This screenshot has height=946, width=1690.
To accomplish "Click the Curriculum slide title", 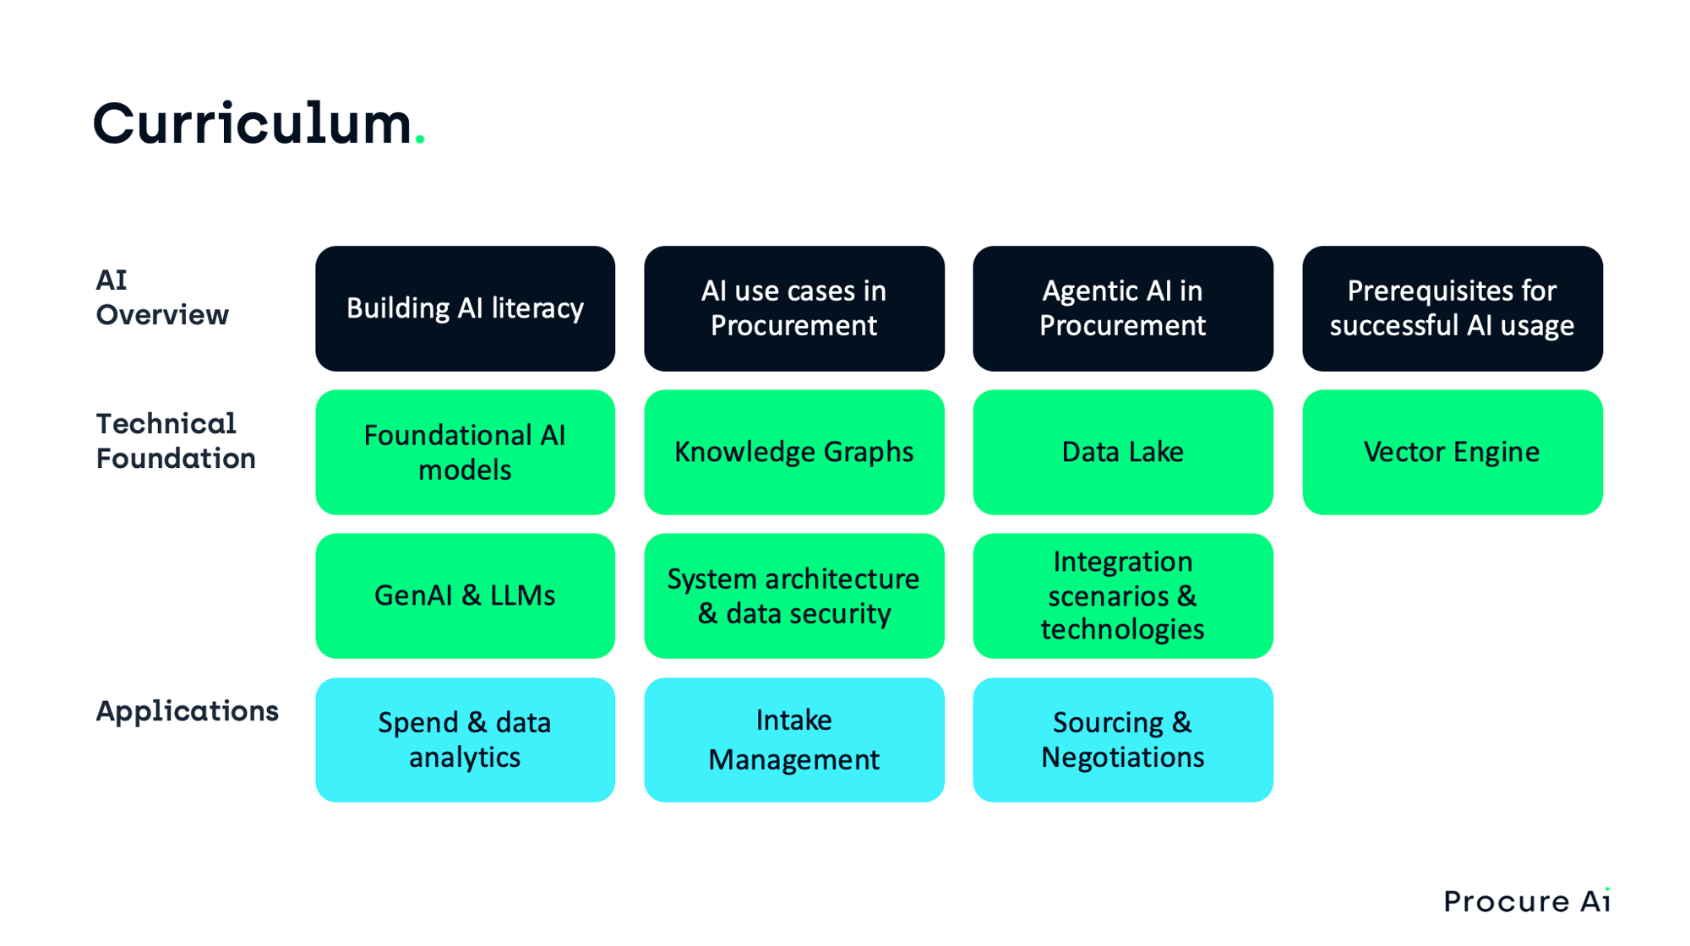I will click(252, 124).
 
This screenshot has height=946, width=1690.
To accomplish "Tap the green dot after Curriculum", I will click(420, 141).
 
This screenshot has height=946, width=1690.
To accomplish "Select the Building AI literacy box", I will click(465, 308).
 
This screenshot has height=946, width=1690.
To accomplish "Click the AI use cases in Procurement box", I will click(793, 308).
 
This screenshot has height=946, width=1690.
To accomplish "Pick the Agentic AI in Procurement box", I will click(1122, 308).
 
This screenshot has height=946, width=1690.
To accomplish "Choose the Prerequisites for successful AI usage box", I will click(1452, 308).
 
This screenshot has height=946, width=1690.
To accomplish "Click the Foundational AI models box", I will click(465, 452).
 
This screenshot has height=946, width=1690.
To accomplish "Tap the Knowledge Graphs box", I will click(793, 452).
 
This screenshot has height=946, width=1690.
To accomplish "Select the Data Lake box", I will click(1122, 452).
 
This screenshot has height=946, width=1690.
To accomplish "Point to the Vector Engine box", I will click(1452, 452).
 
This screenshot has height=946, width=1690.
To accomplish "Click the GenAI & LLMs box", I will click(465, 595).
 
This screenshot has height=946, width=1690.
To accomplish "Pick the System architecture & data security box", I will click(793, 595).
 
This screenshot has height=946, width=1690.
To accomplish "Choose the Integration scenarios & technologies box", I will click(1122, 595).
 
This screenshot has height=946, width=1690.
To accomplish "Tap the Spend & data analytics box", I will click(465, 740).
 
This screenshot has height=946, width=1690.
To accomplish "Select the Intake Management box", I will click(793, 740).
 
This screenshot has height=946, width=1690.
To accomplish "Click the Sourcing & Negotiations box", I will click(1122, 740).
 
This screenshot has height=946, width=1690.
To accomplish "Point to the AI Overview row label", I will click(161, 297).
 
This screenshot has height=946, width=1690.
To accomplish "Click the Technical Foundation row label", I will click(175, 441).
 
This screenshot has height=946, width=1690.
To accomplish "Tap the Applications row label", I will click(187, 711).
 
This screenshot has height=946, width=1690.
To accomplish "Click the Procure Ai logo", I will click(1526, 901).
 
